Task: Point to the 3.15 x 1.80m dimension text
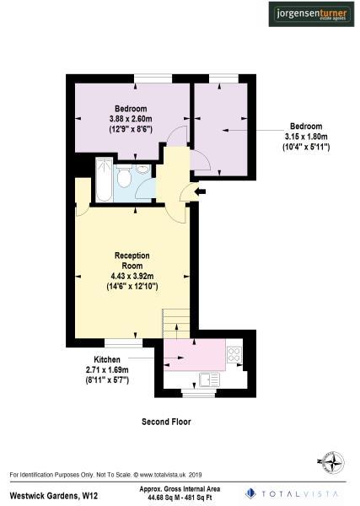(305, 137)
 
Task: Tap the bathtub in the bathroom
(105, 179)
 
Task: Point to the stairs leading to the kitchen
(176, 326)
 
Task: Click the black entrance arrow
(199, 192)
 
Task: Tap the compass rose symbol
(330, 462)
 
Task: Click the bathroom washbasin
(142, 170)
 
